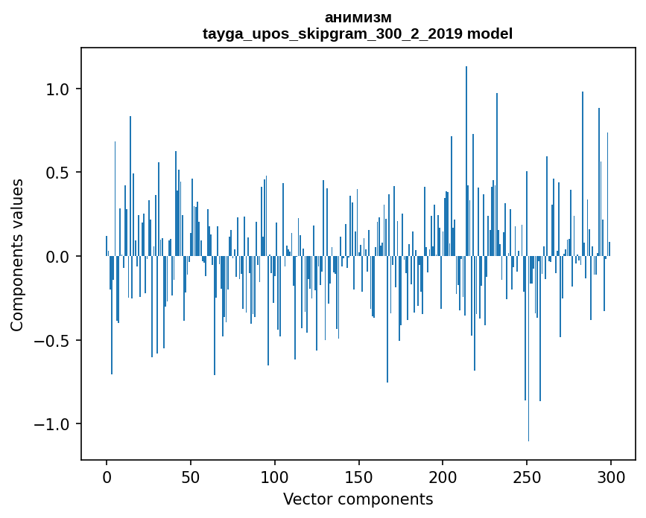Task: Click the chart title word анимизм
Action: [x=358, y=18]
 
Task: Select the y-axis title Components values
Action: [x=17, y=255]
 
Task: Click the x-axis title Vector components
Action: [x=358, y=499]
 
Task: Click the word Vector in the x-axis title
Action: [x=305, y=499]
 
